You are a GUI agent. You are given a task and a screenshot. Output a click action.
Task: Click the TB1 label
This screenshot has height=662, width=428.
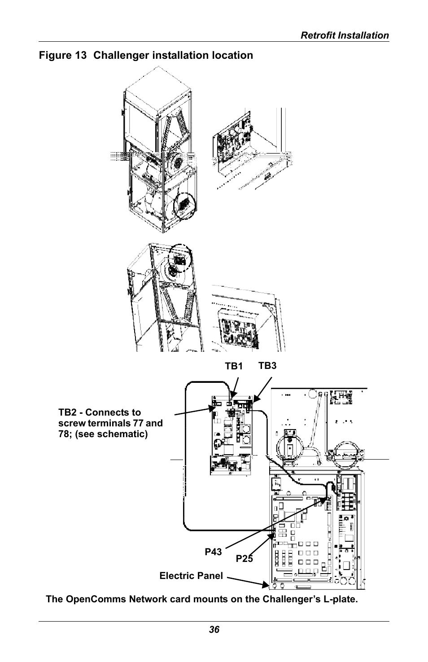coord(234,366)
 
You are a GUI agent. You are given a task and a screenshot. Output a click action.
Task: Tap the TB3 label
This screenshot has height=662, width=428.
coord(267,366)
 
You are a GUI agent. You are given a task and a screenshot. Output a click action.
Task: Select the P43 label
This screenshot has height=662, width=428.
coord(213,552)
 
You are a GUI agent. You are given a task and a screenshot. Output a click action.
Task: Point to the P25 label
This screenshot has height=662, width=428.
coord(244,559)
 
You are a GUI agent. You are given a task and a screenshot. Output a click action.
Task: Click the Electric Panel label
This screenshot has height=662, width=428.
coord(191,576)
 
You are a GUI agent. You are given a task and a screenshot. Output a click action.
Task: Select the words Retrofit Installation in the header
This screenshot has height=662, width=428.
coord(345,35)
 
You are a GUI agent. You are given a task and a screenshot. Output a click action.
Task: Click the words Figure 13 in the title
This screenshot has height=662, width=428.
coord(63,55)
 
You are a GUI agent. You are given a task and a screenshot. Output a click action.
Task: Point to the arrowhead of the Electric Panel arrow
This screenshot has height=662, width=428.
coord(266,584)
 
